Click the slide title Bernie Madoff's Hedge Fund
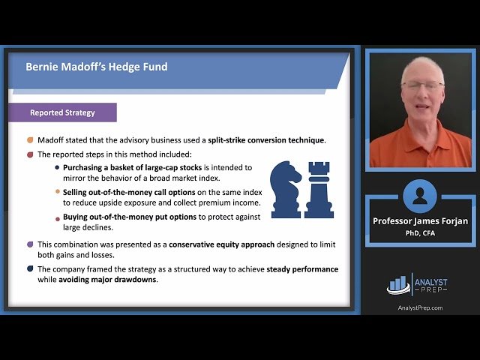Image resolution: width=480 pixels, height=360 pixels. click(x=96, y=67)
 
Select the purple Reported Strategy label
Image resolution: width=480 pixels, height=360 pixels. click(x=62, y=112)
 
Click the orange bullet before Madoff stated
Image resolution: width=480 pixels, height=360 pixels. click(x=30, y=140)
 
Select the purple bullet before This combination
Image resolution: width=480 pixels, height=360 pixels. click(x=30, y=244)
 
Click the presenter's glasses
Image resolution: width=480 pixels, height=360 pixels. click(x=422, y=85)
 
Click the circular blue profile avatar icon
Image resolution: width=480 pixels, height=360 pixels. click(x=420, y=196)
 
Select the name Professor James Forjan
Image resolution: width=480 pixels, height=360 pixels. click(x=420, y=220)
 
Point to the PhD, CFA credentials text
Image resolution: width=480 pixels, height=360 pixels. click(x=420, y=232)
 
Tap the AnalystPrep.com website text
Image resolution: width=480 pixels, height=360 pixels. click(x=420, y=307)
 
